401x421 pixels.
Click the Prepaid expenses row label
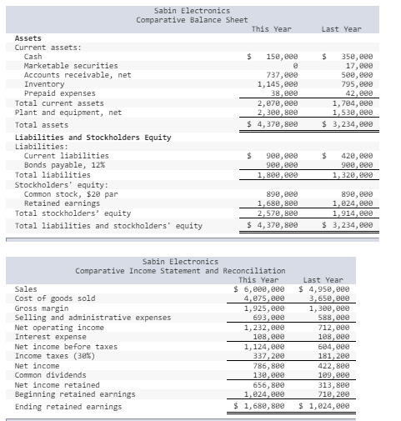tap(59, 93)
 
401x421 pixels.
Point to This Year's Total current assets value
tap(278, 103)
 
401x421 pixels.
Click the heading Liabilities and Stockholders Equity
tap(93, 138)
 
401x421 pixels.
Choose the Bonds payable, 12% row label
tap(61, 165)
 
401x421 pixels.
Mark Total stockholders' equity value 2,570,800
tap(278, 213)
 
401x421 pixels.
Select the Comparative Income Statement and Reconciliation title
tap(180, 271)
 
